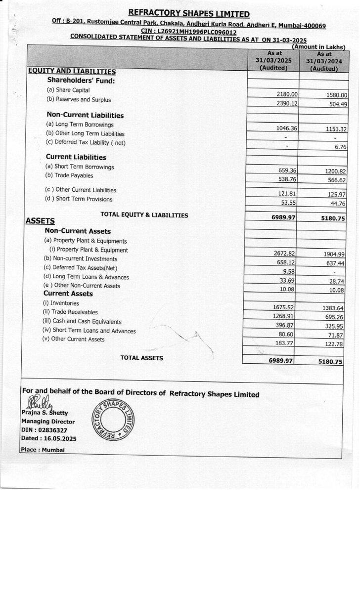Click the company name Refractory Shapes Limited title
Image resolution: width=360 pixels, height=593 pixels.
click(x=189, y=14)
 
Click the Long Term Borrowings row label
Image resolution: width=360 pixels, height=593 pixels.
click(x=80, y=125)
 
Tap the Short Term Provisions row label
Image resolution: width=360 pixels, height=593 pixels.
click(x=79, y=199)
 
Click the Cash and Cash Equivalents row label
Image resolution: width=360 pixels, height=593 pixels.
click(x=83, y=321)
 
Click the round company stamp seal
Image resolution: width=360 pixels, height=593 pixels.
click(x=112, y=419)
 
